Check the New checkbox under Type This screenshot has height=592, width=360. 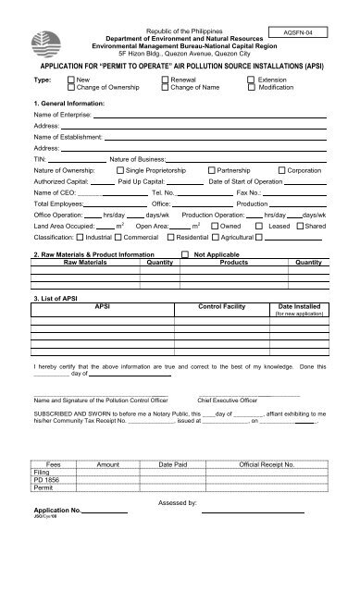point(70,80)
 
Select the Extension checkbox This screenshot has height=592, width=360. point(252,80)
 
